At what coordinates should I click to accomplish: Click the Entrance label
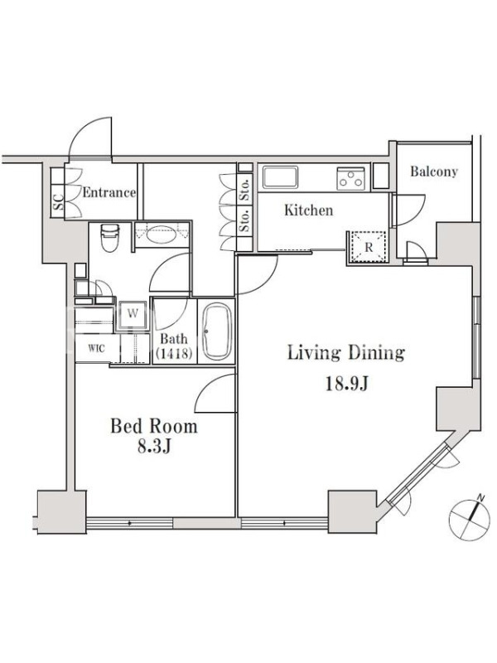point(109,193)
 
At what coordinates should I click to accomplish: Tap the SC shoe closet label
point(58,202)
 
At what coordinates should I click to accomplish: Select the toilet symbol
point(109,238)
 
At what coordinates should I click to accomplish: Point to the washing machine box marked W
point(133,314)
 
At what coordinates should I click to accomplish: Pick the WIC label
point(97,348)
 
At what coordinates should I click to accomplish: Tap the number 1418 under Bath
point(174,353)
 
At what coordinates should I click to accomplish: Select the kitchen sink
point(280,177)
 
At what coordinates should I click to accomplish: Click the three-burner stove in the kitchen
point(350,178)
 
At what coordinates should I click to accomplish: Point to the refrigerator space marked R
point(368,247)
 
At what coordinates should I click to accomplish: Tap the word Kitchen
point(308,211)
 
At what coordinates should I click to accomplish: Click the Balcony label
point(434,172)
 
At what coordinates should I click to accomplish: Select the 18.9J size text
point(347,384)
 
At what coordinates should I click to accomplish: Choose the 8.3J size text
point(154,448)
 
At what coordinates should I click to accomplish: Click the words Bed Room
point(154,426)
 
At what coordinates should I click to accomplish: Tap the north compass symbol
point(468,515)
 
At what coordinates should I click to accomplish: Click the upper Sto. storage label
point(244,191)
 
